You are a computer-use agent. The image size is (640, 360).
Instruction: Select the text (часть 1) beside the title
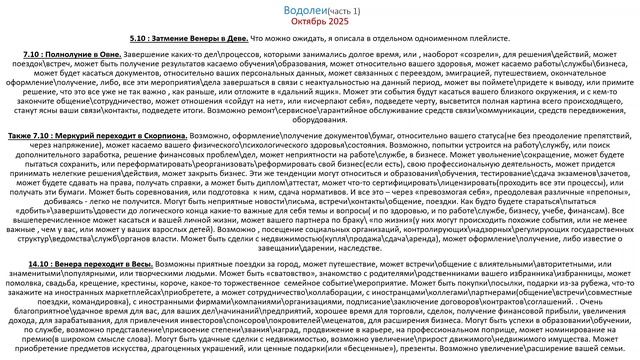(x=350, y=8)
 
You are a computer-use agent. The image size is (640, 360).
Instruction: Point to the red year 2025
(x=340, y=20)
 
